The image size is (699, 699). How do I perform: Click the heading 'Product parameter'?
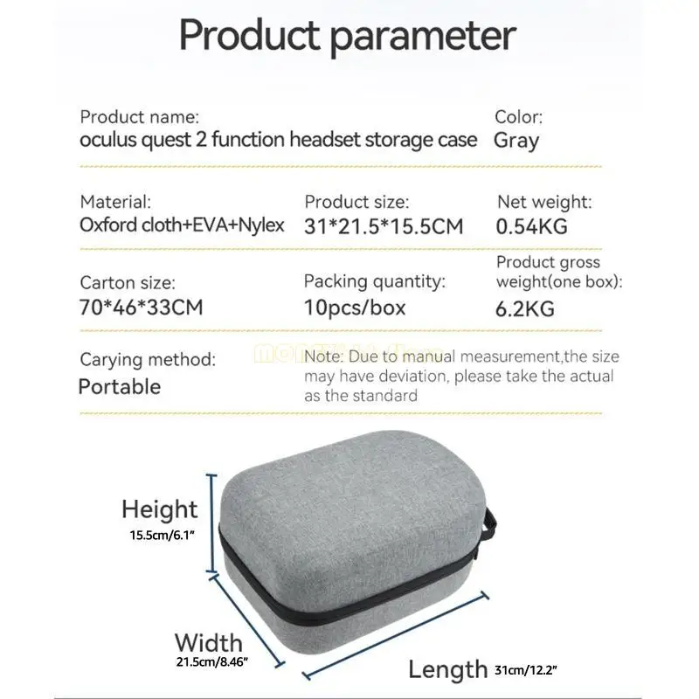pyautogui.click(x=348, y=36)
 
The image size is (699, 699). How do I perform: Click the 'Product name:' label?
pyautogui.click(x=140, y=116)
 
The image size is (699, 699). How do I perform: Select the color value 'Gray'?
pyautogui.click(x=516, y=140)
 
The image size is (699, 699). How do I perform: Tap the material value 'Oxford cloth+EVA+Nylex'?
pyautogui.click(x=183, y=225)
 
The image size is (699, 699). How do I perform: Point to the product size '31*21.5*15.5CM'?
pyautogui.click(x=383, y=226)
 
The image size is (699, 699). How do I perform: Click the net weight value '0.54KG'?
pyautogui.click(x=532, y=226)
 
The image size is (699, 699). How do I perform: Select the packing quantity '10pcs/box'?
pyautogui.click(x=355, y=308)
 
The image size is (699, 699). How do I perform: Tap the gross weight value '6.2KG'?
pyautogui.click(x=525, y=308)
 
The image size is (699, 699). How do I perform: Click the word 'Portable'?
pyautogui.click(x=120, y=385)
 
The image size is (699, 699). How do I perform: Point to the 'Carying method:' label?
pyautogui.click(x=148, y=359)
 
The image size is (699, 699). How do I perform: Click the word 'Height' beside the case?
pyautogui.click(x=160, y=509)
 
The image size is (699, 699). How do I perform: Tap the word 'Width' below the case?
pyautogui.click(x=209, y=642)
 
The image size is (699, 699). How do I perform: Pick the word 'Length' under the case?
pyautogui.click(x=447, y=669)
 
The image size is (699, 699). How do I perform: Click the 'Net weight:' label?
pyautogui.click(x=544, y=202)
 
